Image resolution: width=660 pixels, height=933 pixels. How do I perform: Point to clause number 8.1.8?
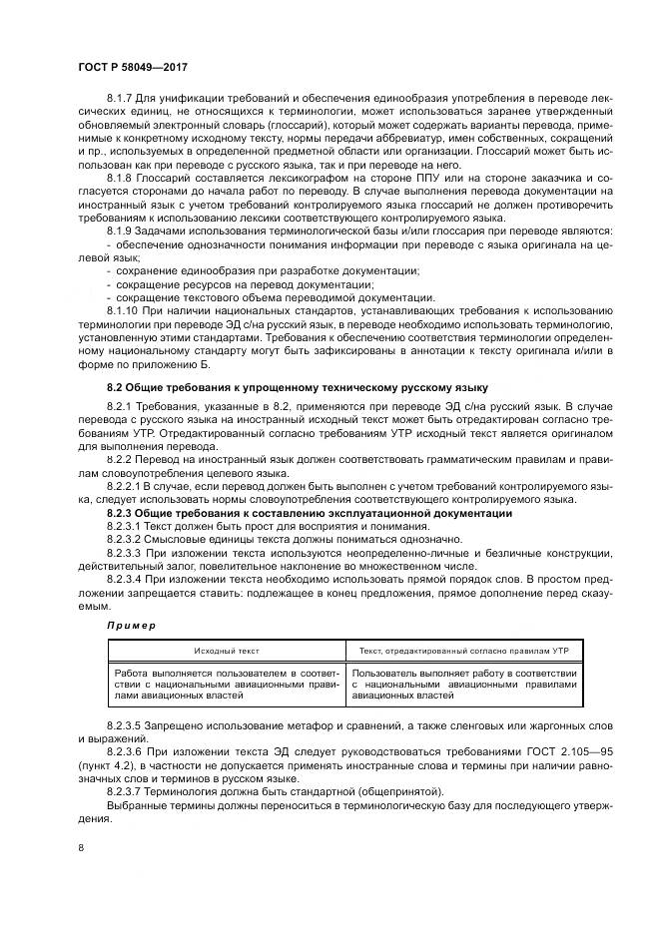[x=121, y=176]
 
